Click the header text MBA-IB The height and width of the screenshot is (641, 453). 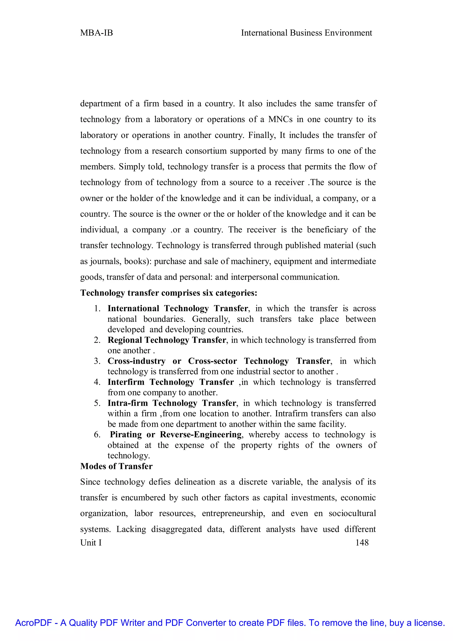(96, 33)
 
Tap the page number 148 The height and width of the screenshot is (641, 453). (362, 543)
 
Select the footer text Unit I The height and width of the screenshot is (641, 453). (91, 543)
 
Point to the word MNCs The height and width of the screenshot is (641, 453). (280, 120)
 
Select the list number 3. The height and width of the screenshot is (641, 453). (97, 361)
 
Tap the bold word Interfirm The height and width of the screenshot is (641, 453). (126, 382)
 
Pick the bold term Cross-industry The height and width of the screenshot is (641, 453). (136, 361)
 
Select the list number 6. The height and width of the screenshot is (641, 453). (97, 435)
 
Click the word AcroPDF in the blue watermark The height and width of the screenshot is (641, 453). (33, 623)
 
